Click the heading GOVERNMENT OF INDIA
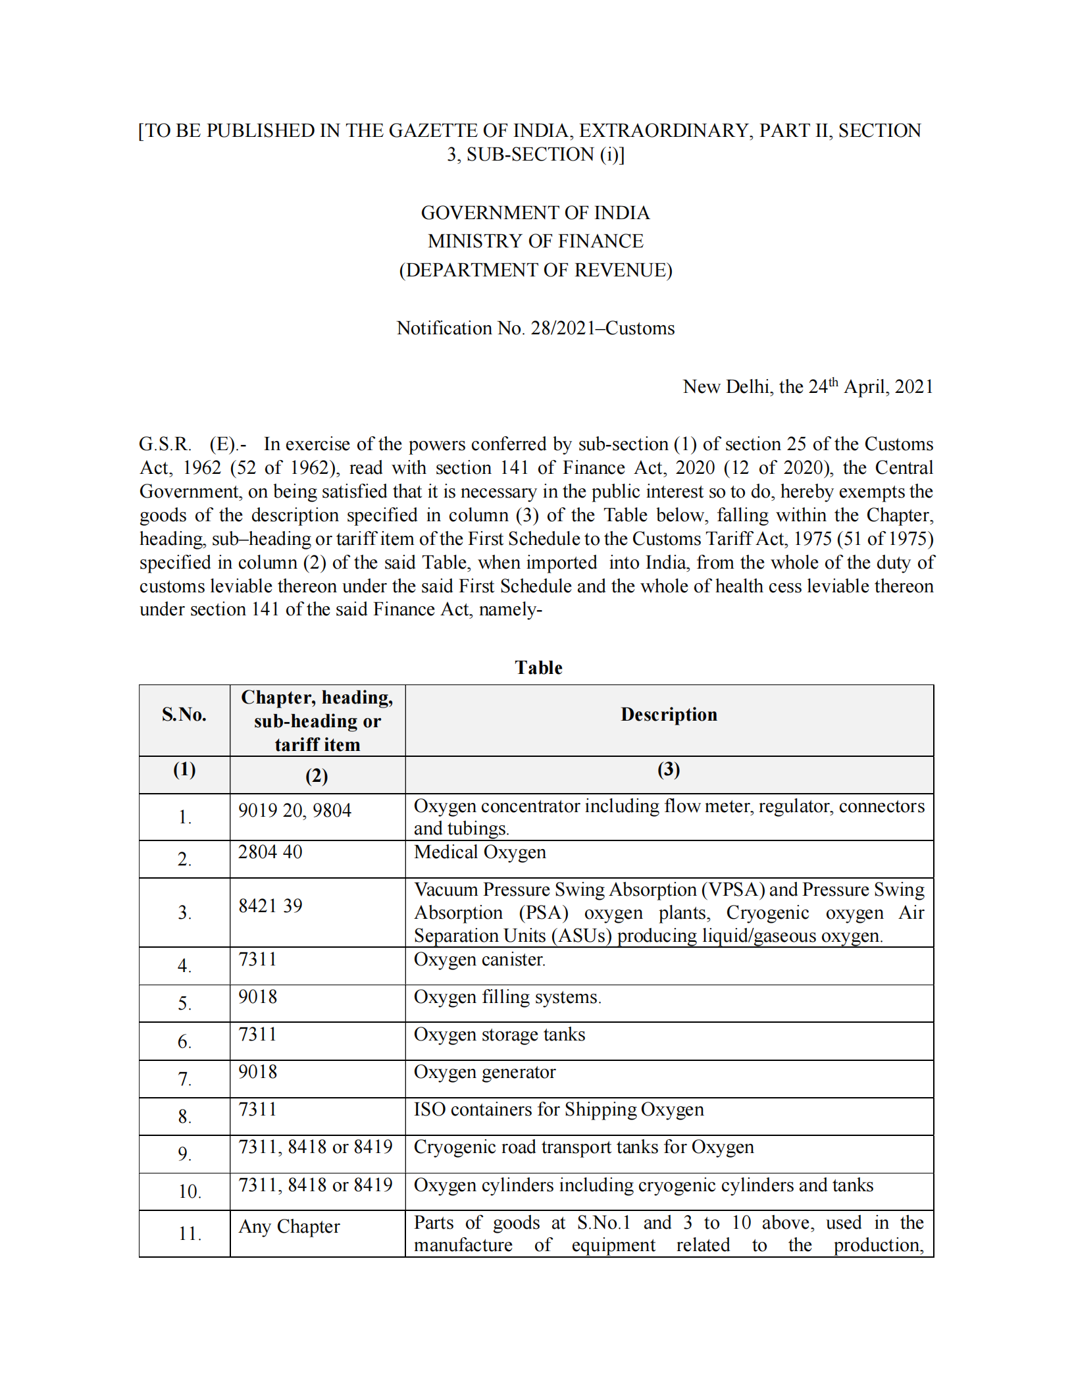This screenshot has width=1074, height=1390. pyautogui.click(x=535, y=213)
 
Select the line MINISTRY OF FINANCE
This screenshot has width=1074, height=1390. pyautogui.click(x=535, y=241)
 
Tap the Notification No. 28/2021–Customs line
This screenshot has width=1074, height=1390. pyautogui.click(x=535, y=328)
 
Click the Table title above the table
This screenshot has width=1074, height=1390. pyautogui.click(x=538, y=667)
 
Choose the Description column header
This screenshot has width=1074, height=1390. pyautogui.click(x=669, y=715)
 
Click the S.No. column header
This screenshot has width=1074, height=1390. pyautogui.click(x=184, y=715)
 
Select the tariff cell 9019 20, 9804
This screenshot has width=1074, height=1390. pyautogui.click(x=295, y=810)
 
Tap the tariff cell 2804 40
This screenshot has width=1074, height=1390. pyautogui.click(x=270, y=852)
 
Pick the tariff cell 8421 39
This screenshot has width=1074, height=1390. pyautogui.click(x=270, y=906)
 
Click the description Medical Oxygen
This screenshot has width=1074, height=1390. pyautogui.click(x=480, y=852)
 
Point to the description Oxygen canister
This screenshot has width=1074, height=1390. pyautogui.click(x=479, y=960)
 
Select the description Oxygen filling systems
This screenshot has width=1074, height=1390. pyautogui.click(x=507, y=997)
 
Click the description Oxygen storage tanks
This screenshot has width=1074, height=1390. pyautogui.click(x=499, y=1035)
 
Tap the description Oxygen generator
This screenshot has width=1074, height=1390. pyautogui.click(x=484, y=1072)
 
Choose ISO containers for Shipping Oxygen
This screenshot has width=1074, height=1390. pyautogui.click(x=559, y=1110)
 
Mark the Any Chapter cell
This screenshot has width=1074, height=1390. pyautogui.click(x=289, y=1227)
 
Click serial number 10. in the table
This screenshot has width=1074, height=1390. pyautogui.click(x=190, y=1191)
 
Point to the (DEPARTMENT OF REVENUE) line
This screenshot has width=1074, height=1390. pyautogui.click(x=535, y=270)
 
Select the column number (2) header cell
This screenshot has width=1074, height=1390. pyautogui.click(x=317, y=776)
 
